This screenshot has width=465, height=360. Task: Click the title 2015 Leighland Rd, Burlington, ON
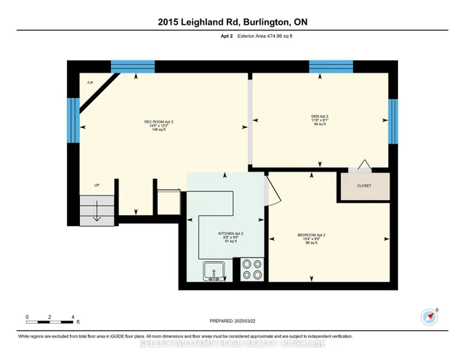click(x=232, y=22)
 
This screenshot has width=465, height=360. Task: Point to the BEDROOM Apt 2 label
click(x=311, y=239)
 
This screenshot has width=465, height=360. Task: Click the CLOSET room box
click(x=363, y=186)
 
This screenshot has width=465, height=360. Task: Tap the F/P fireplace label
click(x=91, y=83)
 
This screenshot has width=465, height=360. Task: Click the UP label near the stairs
click(x=97, y=185)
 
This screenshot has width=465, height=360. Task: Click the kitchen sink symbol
click(x=214, y=271)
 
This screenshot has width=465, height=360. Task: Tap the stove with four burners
click(x=252, y=270)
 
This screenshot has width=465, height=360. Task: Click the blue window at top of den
click(x=331, y=67)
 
